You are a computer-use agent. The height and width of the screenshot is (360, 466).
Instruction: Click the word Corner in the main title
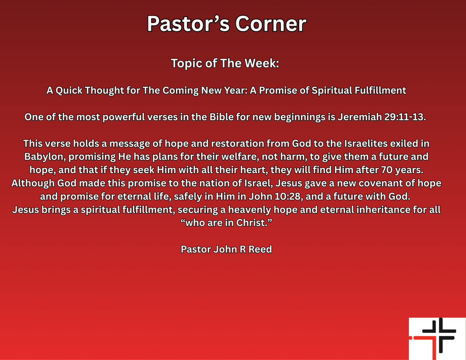click(x=270, y=24)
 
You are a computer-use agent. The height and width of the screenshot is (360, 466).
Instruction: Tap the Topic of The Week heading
click(x=225, y=63)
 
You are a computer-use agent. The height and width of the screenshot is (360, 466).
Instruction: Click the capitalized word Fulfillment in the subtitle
click(x=380, y=90)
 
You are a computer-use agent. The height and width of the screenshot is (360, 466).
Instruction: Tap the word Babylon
click(x=44, y=156)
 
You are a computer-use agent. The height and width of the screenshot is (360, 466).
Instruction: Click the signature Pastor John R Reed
click(x=226, y=249)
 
